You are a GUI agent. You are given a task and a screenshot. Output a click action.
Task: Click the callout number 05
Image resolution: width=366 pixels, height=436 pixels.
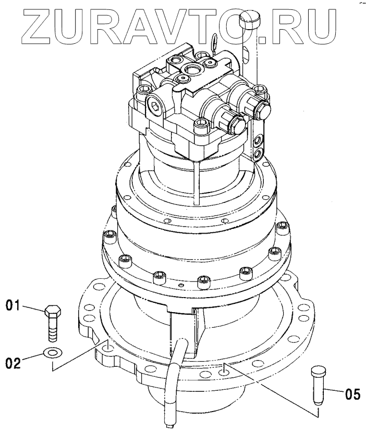pyautogui.click(x=352, y=394)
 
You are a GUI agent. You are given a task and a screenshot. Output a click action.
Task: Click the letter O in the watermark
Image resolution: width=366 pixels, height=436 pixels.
pyautogui.click(x=239, y=24)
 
